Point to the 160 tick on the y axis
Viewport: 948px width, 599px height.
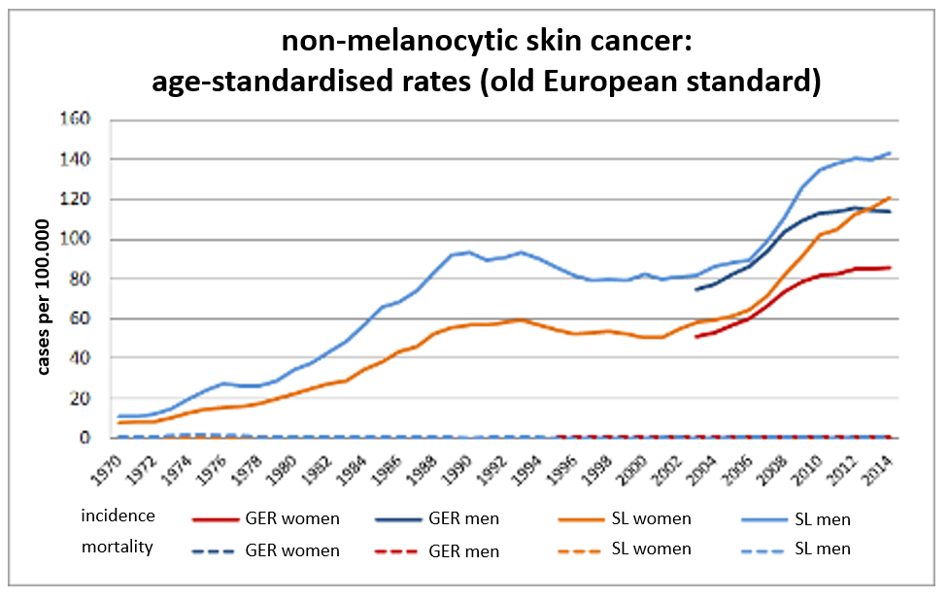[x=75, y=118]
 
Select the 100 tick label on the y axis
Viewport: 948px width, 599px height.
[x=75, y=238]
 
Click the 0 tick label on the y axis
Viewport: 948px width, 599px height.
[x=85, y=437]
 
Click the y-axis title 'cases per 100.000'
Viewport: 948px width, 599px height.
[x=43, y=297]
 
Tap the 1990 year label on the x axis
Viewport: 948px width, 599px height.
[x=456, y=470]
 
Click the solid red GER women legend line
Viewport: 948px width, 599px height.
[x=216, y=519]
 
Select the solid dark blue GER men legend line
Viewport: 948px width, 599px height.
[x=398, y=519]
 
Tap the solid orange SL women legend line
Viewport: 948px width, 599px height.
[x=582, y=519]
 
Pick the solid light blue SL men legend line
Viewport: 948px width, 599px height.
[x=764, y=519]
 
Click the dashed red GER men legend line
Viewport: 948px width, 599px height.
[x=396, y=551]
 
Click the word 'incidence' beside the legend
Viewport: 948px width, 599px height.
[x=118, y=516]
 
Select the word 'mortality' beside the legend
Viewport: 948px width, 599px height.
[x=118, y=547]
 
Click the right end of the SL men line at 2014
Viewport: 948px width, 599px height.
[x=891, y=153]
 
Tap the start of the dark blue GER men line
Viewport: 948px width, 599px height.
[x=695, y=289]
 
